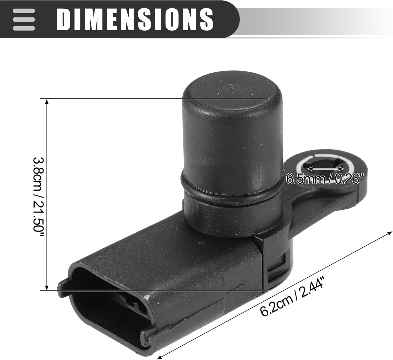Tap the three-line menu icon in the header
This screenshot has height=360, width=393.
pyautogui.click(x=24, y=19)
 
